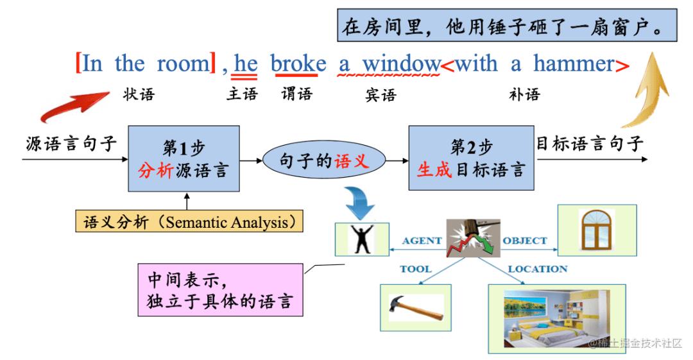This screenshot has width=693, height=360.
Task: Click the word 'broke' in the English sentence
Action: tap(298, 64)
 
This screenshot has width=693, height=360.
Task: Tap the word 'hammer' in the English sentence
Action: tap(574, 64)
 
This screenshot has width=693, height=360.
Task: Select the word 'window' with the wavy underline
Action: tap(402, 64)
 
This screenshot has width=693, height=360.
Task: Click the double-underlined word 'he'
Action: tap(246, 64)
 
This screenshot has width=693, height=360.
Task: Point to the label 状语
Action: tap(139, 95)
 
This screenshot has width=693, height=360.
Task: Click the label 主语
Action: tap(242, 94)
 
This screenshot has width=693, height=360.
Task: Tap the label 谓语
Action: tap(296, 94)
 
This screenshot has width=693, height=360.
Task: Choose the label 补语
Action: tap(524, 95)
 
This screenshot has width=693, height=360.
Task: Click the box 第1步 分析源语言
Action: tap(184, 159)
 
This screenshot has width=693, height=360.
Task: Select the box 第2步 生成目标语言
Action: tap(471, 159)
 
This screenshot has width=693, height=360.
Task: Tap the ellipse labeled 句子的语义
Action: tap(324, 161)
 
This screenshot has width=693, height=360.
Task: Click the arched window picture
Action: tap(597, 230)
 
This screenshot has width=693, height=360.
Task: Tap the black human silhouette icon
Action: tap(362, 239)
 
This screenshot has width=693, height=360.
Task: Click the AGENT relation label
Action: tap(422, 241)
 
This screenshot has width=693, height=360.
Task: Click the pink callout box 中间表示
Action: tap(220, 289)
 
